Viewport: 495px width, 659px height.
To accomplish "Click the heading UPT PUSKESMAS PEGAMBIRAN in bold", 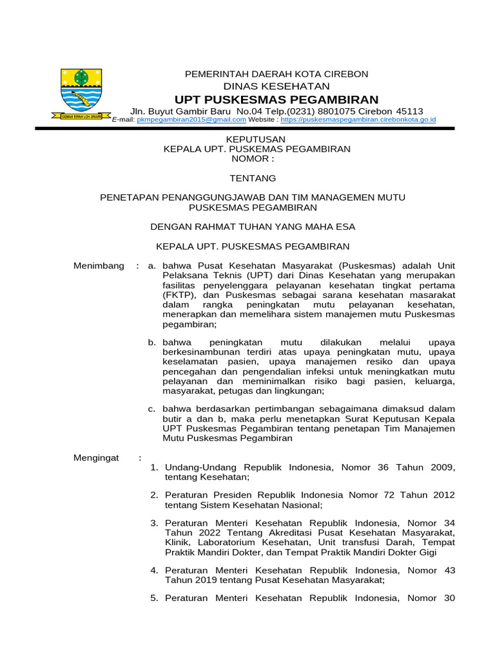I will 277,99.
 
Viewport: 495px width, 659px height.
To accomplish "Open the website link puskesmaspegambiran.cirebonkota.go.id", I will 358,120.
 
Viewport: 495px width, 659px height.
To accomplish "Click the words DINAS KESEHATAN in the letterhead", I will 277,86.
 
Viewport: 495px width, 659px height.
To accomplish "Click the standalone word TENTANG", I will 253,178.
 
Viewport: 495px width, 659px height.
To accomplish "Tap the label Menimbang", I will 99,266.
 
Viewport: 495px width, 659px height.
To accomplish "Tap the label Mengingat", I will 96,457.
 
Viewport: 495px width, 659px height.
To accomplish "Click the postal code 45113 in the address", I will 409,111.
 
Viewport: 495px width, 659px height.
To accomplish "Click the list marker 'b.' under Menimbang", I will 152,342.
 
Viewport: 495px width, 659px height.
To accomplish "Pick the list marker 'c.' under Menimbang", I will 152,409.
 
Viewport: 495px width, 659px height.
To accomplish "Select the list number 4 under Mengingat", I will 154,570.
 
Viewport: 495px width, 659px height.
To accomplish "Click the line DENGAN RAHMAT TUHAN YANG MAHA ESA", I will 253,227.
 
